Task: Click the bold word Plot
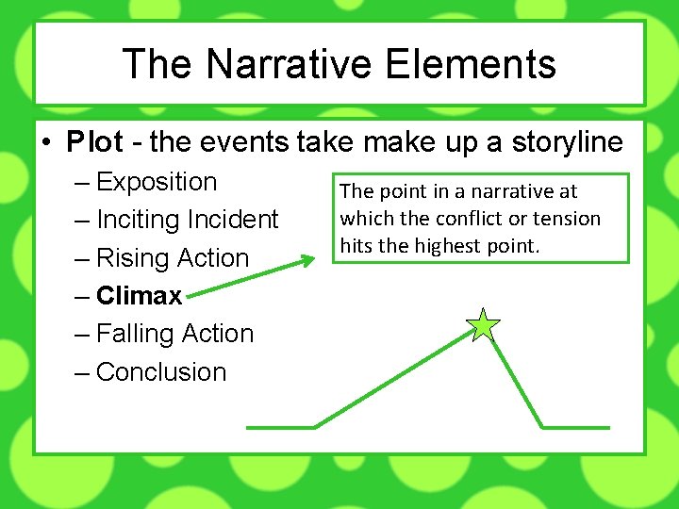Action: pyautogui.click(x=94, y=142)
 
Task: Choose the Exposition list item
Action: pyautogui.click(x=157, y=182)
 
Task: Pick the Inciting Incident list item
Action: pyautogui.click(x=188, y=220)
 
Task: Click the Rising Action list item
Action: pyautogui.click(x=173, y=258)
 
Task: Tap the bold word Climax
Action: pyautogui.click(x=139, y=296)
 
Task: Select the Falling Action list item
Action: pyautogui.click(x=175, y=334)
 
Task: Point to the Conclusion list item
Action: pyautogui.click(x=161, y=372)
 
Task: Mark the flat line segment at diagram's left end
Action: pyautogui.click(x=280, y=427)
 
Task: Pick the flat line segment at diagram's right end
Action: pyautogui.click(x=575, y=427)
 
